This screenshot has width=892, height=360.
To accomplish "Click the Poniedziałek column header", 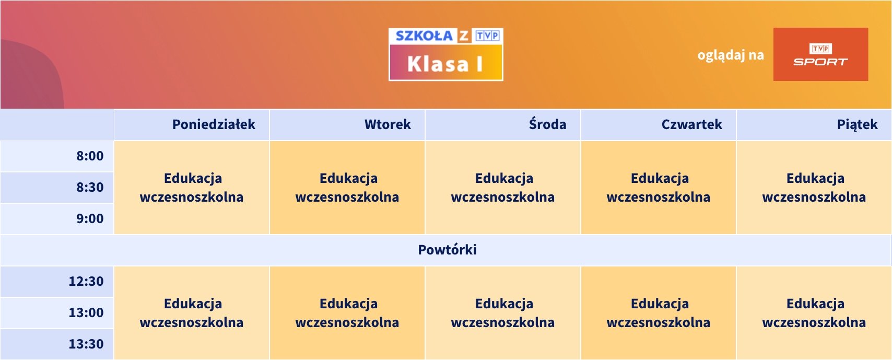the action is [214, 124].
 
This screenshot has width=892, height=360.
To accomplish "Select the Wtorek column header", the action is [388, 124].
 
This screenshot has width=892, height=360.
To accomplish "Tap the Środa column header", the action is [547, 124].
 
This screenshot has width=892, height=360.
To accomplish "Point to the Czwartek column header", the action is [691, 124].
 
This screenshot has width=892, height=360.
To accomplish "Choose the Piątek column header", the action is [858, 125].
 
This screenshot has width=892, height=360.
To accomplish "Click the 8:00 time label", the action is [90, 156].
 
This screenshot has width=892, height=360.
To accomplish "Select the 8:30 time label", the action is [90, 187].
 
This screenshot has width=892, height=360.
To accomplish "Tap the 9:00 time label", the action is [90, 218].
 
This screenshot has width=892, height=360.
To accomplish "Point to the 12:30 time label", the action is [86, 281].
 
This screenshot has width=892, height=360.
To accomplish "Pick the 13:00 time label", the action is [86, 312].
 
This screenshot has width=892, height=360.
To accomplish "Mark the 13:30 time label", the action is [86, 344].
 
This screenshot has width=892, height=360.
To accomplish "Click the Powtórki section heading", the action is [447, 250].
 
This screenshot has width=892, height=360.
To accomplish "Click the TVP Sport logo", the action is [821, 54].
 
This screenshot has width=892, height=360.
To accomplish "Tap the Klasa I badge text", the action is [445, 64].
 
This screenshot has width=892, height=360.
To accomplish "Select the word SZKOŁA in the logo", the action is [424, 36].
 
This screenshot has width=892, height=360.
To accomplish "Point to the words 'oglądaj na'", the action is [731, 55].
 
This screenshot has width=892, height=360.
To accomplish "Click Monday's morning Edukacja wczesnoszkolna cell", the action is [192, 188].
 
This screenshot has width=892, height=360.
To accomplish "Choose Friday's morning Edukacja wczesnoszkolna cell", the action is [814, 188].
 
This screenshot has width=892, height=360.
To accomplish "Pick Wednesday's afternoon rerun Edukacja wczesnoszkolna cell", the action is [502, 313].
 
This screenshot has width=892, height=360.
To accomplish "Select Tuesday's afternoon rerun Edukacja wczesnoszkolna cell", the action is [347, 313].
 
